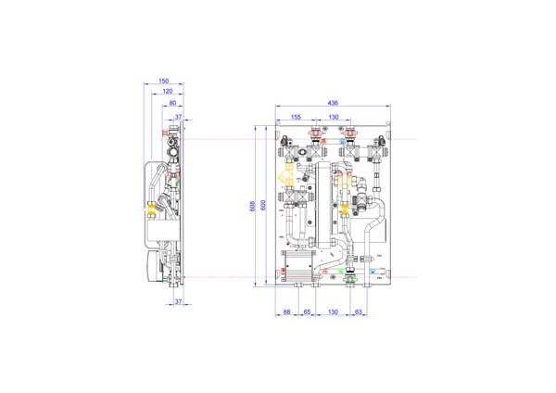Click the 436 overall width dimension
333,103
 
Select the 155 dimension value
296,117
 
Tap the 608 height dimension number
252,207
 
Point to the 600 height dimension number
263,206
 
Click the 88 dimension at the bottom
287,312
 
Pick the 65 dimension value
307,312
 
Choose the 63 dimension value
358,312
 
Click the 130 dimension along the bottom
333,312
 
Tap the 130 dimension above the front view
334,117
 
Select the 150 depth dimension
163,82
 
